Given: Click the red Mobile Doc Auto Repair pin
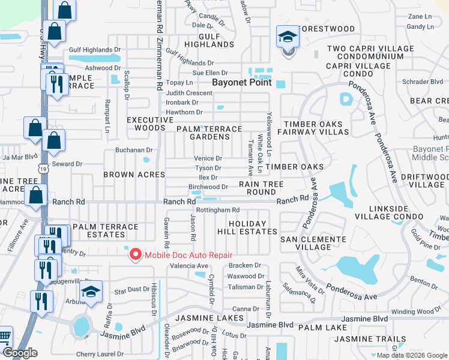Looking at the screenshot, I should click(135, 255).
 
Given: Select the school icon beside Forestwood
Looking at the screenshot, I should click(288, 38).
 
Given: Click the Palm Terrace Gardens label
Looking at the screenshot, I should click(208, 133).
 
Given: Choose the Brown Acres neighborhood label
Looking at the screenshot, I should click(134, 175).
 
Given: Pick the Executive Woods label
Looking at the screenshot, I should click(146, 124).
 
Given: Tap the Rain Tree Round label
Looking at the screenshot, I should click(257, 188).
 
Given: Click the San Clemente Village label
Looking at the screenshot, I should click(313, 243).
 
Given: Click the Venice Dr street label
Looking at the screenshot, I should click(208, 159).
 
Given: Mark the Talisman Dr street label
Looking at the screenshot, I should click(243, 287).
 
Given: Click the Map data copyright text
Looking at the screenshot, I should click(411, 355).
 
